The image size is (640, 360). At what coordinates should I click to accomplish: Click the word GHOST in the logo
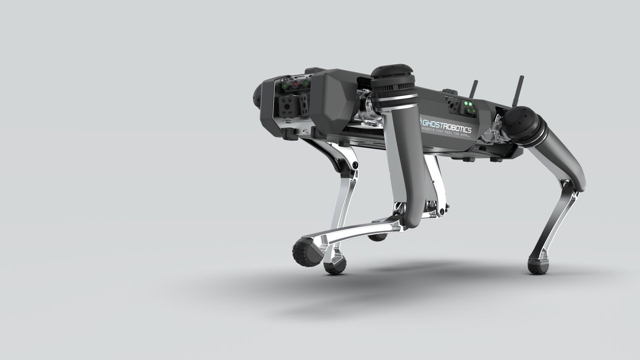click(x=433, y=123)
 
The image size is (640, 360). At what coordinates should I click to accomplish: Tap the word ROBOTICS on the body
click(x=458, y=128)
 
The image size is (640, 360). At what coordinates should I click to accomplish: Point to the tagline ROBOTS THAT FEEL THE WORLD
click(x=446, y=132)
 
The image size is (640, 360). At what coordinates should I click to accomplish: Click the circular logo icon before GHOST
click(x=420, y=121)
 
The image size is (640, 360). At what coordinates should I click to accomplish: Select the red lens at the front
click(x=296, y=84)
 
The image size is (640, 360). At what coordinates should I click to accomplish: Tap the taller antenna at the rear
click(x=517, y=91)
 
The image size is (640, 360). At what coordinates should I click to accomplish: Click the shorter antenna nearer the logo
click(x=473, y=89)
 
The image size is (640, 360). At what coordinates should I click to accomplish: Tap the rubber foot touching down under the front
click(x=335, y=267)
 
